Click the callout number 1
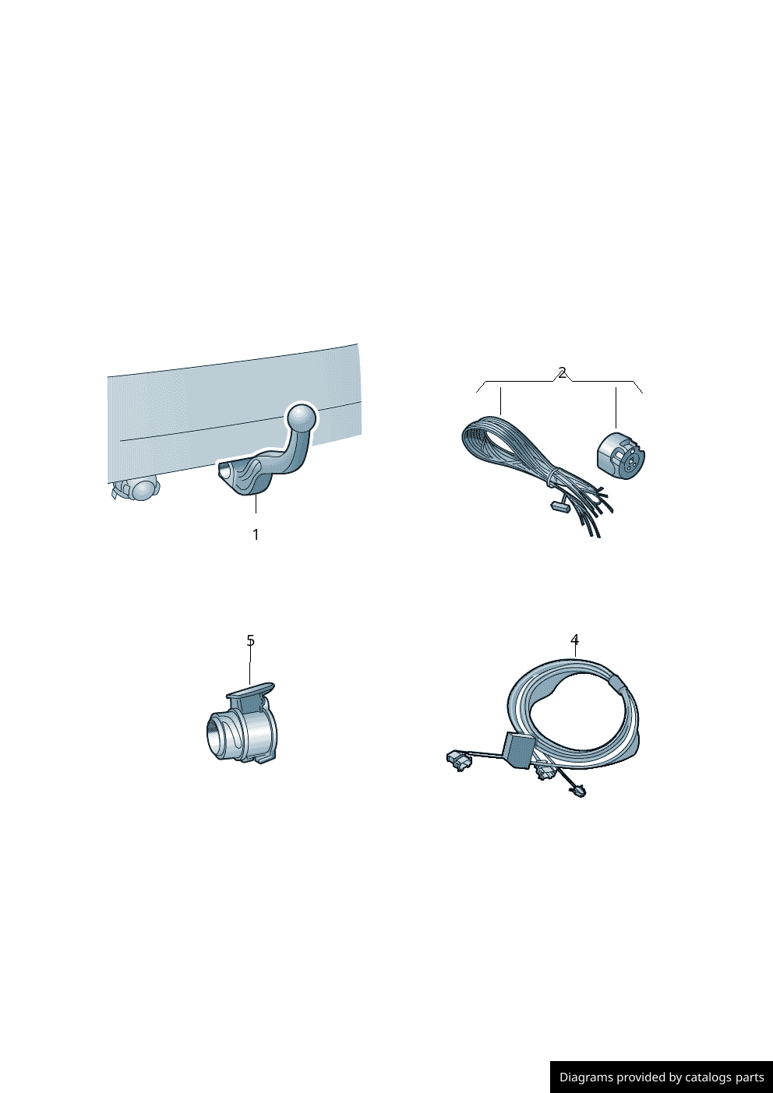(x=256, y=534)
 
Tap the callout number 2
(x=562, y=373)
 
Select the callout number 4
(x=575, y=640)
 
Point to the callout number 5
(x=250, y=640)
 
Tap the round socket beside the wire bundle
(x=620, y=457)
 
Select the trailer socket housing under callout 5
(x=241, y=723)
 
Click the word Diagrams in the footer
(x=581, y=1077)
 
